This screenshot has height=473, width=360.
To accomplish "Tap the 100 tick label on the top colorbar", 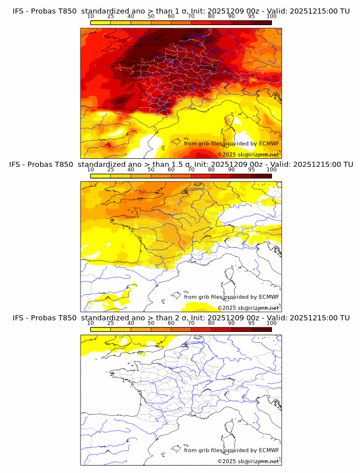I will [271, 16].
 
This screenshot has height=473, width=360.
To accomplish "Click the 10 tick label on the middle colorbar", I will [91, 169].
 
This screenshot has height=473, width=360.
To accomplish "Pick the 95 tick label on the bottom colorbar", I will [251, 323].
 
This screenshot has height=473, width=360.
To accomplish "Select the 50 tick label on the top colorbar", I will [151, 16].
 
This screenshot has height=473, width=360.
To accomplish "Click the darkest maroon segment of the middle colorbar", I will [261, 175].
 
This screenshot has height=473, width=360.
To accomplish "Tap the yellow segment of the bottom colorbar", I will [101, 328].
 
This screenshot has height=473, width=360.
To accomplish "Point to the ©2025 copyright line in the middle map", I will [248, 307].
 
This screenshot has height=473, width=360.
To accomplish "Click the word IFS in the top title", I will [17, 11].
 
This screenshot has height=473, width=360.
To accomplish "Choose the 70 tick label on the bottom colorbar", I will [191, 323].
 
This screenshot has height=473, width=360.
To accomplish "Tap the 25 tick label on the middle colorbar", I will [111, 169].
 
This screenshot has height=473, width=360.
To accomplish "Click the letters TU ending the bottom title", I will [345, 318].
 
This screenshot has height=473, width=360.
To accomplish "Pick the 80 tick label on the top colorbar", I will [211, 16].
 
